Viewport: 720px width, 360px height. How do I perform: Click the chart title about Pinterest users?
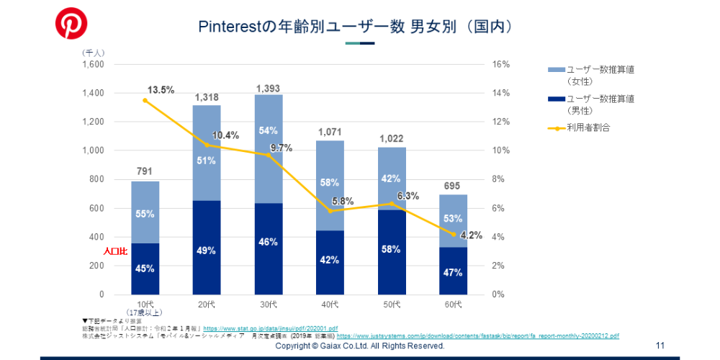[358, 27]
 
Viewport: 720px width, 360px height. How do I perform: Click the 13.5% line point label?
[161, 90]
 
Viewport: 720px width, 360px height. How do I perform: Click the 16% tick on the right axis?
[501, 64]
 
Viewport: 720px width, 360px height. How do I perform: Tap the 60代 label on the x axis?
[452, 305]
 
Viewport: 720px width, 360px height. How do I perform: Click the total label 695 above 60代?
[453, 186]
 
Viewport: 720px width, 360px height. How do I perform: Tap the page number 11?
[660, 346]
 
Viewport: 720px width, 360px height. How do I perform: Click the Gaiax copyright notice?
[360, 346]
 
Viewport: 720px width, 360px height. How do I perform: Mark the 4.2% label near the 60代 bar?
[470, 235]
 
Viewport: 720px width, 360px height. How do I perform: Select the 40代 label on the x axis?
[330, 305]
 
